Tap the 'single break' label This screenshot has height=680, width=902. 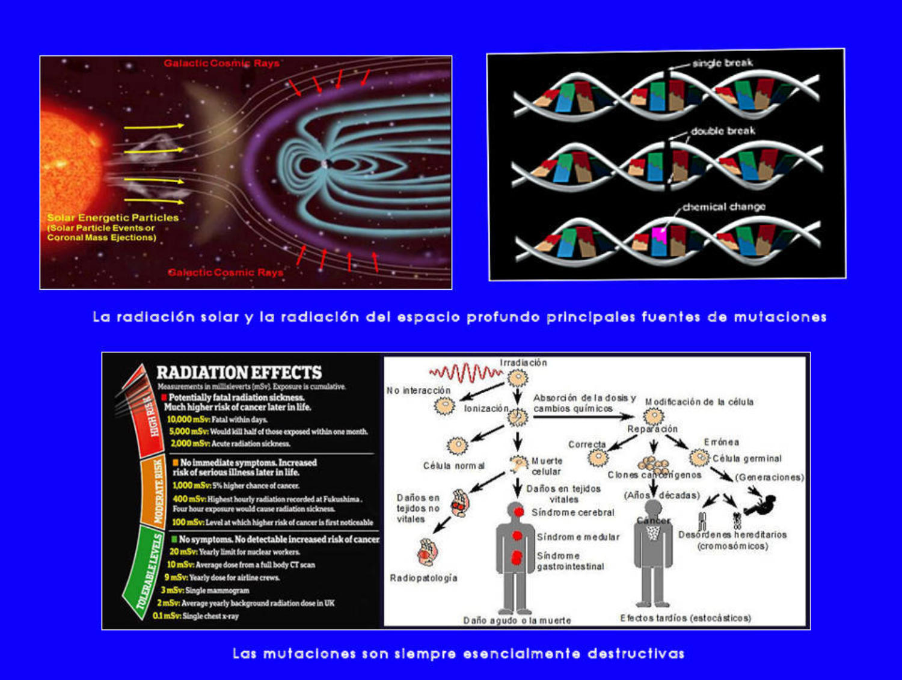point(722,63)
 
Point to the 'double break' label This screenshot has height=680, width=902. point(722,130)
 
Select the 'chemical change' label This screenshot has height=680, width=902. point(725,207)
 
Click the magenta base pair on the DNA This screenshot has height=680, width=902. point(660,234)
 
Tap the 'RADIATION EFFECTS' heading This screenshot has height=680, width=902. point(239,372)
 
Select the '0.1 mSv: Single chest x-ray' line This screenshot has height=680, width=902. point(195,616)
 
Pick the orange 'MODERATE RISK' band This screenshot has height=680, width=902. point(153,490)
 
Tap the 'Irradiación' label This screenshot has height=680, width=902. point(523,363)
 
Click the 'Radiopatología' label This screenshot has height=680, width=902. point(423,578)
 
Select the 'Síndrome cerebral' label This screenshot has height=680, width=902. point(572,513)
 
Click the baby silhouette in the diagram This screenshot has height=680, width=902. point(761,503)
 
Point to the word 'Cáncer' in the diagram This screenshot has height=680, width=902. point(654,521)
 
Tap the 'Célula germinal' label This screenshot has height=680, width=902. point(747,459)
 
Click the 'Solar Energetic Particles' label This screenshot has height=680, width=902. point(113,218)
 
